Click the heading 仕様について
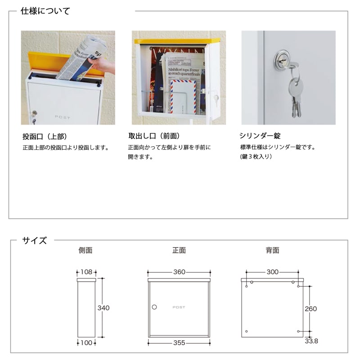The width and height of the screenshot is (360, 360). [45, 11]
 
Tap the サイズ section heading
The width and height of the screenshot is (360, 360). [35, 241]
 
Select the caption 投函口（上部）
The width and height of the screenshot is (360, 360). [45, 136]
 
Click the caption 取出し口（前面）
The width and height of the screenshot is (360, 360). [154, 136]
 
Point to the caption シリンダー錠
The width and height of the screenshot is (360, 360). [260, 136]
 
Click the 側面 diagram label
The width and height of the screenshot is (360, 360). [85, 250]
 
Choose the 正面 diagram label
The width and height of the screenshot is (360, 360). [179, 250]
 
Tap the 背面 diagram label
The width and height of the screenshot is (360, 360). [273, 250]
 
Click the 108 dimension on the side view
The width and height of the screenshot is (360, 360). [86, 272]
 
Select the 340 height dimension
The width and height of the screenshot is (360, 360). [103, 308]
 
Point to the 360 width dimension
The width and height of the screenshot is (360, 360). [179, 272]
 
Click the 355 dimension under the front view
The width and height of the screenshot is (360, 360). [179, 343]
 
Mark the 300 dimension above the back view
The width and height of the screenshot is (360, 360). [273, 272]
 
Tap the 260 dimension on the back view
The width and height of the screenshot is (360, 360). [311, 309]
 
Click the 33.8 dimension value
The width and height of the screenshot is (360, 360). [311, 341]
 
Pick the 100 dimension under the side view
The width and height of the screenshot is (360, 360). [86, 343]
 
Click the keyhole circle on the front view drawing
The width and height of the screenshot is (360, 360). [154, 307]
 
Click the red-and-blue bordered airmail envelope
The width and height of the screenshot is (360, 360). [183, 96]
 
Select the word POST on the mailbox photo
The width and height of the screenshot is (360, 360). [63, 117]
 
